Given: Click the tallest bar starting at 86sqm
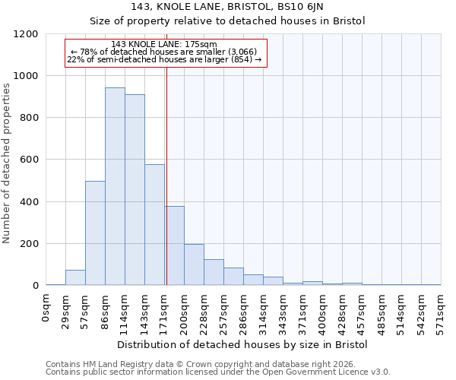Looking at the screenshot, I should [115, 186].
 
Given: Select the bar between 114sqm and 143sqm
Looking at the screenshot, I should [135, 190].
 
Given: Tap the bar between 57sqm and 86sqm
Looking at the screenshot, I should [95, 233].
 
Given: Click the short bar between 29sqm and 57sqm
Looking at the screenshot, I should [75, 277].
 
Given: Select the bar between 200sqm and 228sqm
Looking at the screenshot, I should [194, 264].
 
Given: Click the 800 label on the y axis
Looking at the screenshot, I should [28, 118].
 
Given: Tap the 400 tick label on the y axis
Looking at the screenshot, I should [28, 202].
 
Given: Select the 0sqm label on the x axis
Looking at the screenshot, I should [46, 307].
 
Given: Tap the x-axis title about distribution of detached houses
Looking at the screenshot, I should [243, 344].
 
